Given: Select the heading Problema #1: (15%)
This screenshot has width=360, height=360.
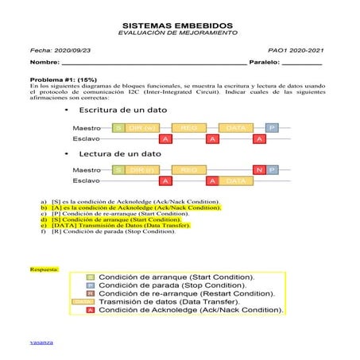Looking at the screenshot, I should click(63, 80).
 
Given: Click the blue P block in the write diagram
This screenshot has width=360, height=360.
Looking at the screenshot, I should click(272, 128).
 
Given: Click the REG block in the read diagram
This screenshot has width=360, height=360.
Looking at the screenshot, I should click(189, 170).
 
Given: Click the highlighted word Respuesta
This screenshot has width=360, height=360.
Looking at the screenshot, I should click(44, 269).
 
